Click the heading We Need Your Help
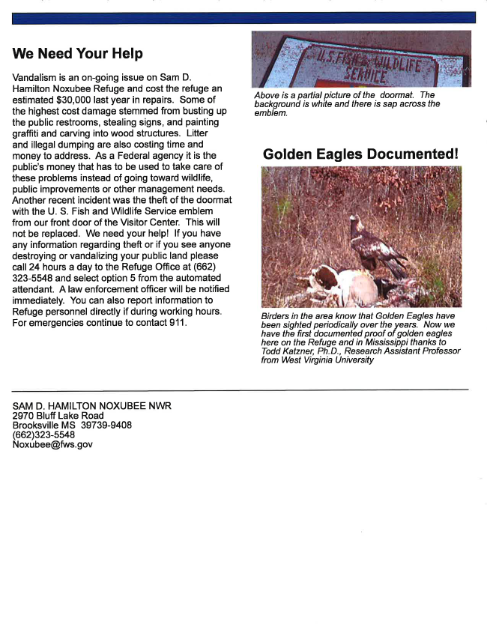(x=77, y=54)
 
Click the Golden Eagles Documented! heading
(x=360, y=154)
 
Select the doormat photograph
(x=361, y=58)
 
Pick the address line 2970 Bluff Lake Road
(x=58, y=416)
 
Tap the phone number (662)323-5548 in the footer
(x=43, y=434)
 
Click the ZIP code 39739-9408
(x=106, y=425)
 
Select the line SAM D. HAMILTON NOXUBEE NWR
(x=91, y=406)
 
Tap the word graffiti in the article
(x=28, y=133)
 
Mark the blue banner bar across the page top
(x=243, y=18)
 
